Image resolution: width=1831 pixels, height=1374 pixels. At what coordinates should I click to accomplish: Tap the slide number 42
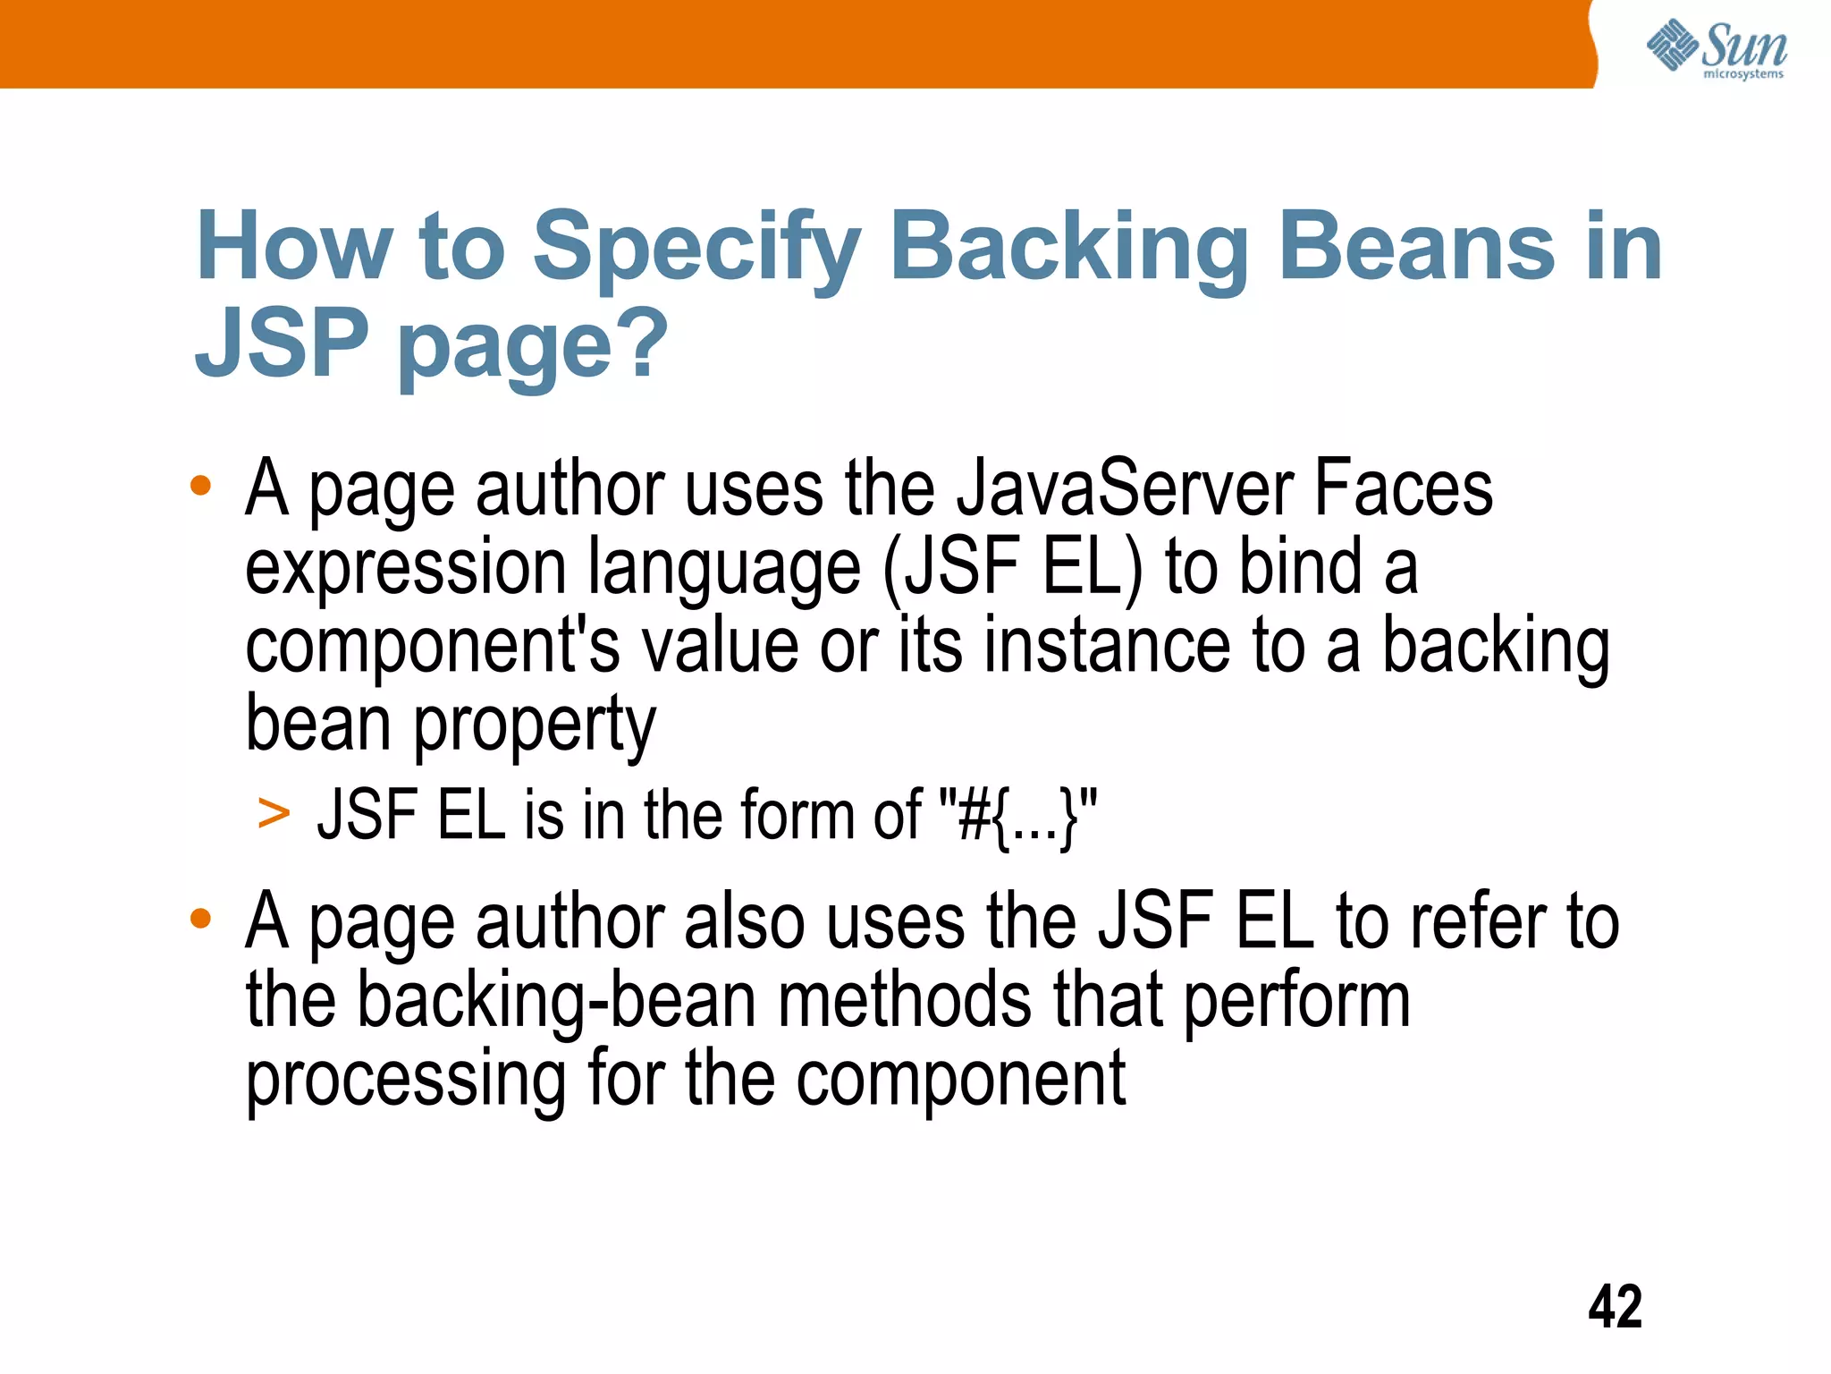(1615, 1307)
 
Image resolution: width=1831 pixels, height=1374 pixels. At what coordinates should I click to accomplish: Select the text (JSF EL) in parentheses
(1013, 567)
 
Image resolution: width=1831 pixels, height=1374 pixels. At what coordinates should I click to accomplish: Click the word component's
(432, 646)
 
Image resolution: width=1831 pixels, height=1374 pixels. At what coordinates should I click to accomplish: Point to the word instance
(1107, 646)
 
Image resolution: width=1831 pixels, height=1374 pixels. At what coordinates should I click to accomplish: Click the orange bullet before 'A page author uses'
(200, 486)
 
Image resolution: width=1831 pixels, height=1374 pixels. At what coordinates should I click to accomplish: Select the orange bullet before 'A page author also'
(200, 918)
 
